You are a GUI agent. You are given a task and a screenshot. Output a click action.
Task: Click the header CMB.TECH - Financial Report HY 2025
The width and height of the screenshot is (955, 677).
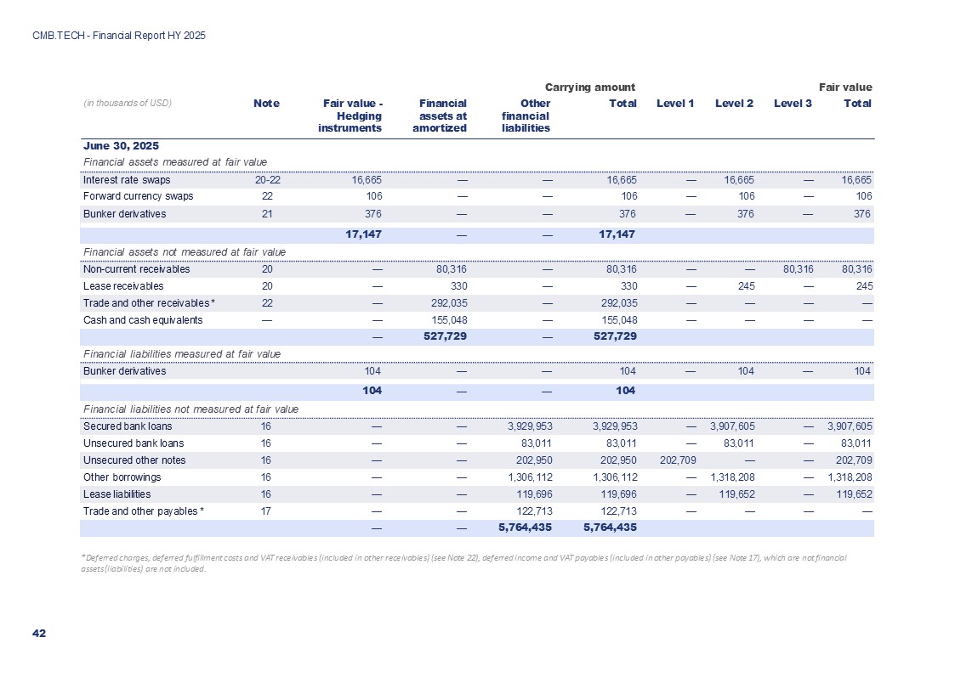point(119,36)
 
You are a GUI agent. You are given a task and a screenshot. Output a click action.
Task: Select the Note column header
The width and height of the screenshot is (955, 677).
point(266,104)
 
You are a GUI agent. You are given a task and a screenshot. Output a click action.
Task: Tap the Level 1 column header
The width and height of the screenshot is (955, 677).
point(675,104)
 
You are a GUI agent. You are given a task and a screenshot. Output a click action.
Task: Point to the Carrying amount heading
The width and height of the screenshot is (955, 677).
point(590,87)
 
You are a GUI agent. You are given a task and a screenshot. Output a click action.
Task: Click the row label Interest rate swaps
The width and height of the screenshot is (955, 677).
point(127,180)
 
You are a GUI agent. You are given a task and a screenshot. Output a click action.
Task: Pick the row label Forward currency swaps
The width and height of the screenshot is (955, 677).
point(138,196)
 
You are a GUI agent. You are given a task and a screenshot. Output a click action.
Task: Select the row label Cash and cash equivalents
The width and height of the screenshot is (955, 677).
point(143,320)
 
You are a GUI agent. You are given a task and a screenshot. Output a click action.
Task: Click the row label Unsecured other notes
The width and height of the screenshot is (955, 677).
point(132,460)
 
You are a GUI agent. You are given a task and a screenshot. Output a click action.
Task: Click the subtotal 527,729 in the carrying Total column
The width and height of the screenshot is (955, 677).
point(613,337)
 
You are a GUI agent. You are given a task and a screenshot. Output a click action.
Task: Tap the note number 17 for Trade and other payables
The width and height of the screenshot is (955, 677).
point(267,511)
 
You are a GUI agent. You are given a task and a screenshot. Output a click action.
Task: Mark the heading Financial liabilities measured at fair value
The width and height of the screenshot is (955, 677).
point(182,353)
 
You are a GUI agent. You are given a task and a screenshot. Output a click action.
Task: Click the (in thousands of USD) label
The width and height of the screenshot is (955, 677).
point(128,103)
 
